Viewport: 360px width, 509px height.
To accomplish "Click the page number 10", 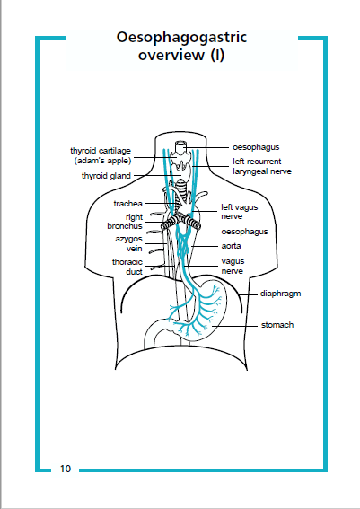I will [66, 469].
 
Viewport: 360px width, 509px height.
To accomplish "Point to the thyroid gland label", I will [106, 177].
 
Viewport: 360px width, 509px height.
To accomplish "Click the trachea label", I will [128, 204].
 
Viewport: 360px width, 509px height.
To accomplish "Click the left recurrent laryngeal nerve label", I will [261, 165].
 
